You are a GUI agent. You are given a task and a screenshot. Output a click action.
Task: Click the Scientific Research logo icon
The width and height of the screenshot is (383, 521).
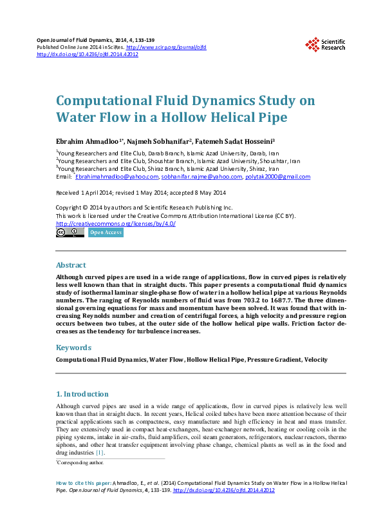click(x=312, y=44)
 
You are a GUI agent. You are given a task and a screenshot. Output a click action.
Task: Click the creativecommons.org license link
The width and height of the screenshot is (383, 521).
click(x=116, y=223)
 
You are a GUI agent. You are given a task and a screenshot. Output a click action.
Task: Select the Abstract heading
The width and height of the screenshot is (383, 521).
click(x=71, y=265)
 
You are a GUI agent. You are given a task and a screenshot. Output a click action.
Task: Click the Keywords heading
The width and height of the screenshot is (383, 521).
click(x=73, y=348)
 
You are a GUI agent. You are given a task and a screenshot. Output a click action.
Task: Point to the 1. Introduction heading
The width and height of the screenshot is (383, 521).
click(x=82, y=393)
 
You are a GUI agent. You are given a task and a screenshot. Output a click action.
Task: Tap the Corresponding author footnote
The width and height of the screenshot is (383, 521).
click(x=80, y=462)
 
